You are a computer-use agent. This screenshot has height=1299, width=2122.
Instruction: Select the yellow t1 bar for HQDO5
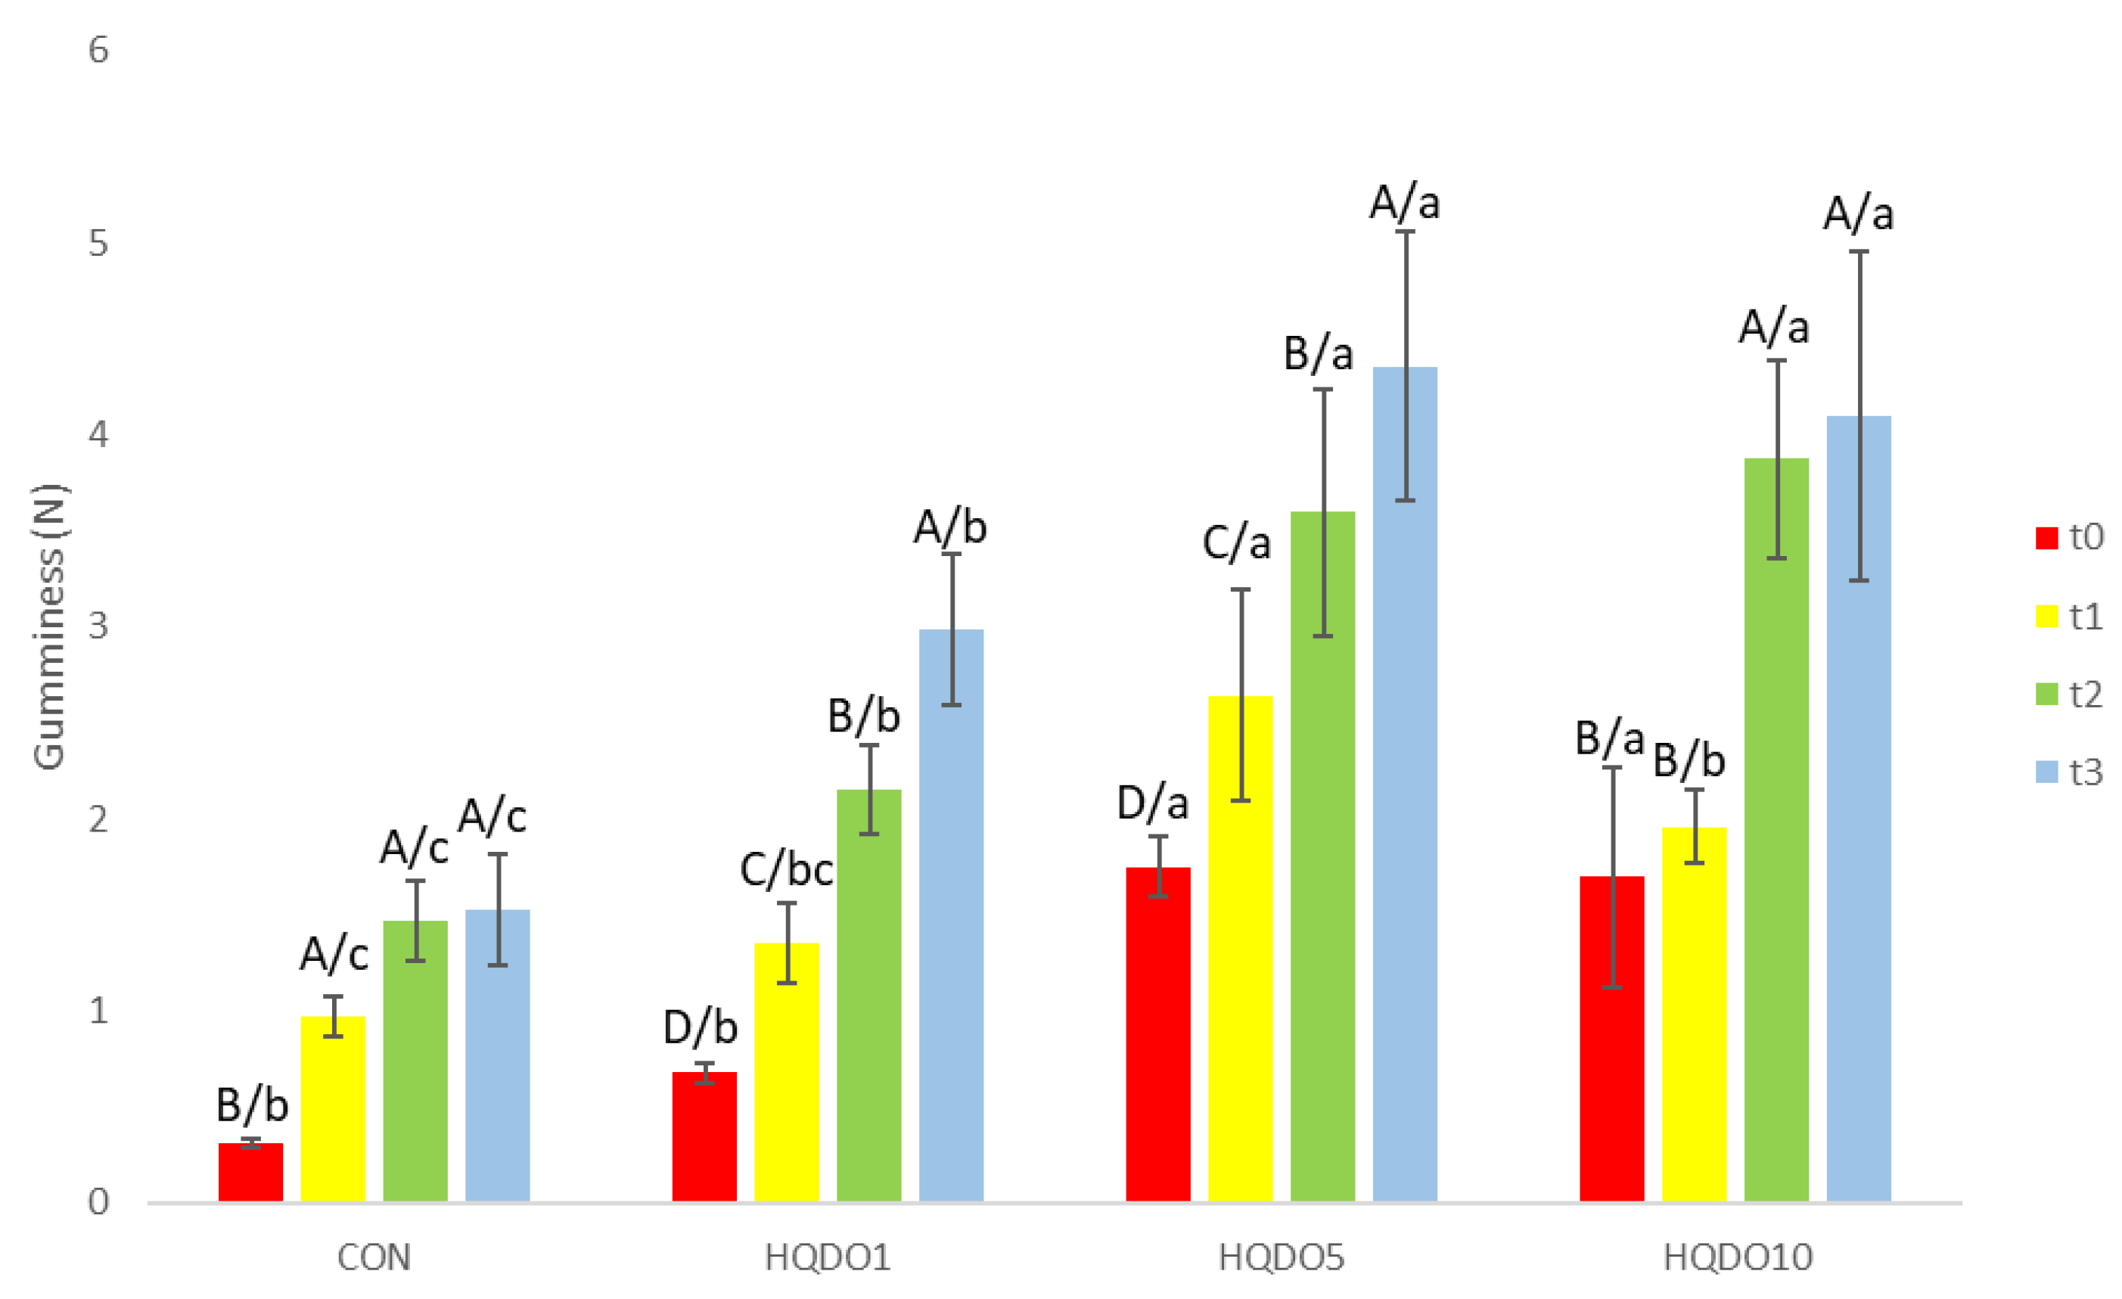pyautogui.click(x=1240, y=947)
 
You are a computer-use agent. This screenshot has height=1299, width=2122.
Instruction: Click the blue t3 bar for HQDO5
pyautogui.click(x=1405, y=784)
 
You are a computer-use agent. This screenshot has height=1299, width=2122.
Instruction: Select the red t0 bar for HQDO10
pyautogui.click(x=1611, y=1038)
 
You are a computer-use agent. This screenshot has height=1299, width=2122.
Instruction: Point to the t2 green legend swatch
pyautogui.click(x=2046, y=695)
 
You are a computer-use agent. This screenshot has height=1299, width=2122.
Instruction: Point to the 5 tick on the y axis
pyautogui.click(x=98, y=244)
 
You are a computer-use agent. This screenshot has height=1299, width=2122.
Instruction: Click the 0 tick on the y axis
pyautogui.click(x=98, y=1201)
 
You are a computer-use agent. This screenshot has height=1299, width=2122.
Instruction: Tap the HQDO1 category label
pyautogui.click(x=827, y=1258)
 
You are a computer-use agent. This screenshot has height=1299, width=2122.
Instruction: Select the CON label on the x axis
pyautogui.click(x=374, y=1258)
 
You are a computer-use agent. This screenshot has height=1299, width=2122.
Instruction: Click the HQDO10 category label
pyautogui.click(x=1738, y=1258)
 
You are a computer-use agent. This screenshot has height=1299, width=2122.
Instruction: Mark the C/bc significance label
pyautogui.click(x=785, y=870)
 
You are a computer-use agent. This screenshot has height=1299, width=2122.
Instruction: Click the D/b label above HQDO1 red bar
pyautogui.click(x=701, y=1027)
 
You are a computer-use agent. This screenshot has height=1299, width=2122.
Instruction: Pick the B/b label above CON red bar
pyautogui.click(x=251, y=1105)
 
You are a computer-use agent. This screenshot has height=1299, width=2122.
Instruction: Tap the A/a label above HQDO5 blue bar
pyautogui.click(x=1405, y=204)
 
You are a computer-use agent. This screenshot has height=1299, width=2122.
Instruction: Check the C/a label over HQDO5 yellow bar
pyautogui.click(x=1237, y=542)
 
